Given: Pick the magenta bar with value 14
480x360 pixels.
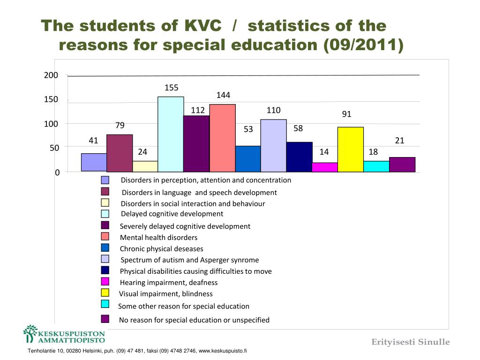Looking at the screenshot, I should (325, 167).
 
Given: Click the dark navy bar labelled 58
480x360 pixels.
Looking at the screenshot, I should (299, 157).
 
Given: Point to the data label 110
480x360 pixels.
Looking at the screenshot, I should (273, 111).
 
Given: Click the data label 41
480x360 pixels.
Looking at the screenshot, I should (94, 140).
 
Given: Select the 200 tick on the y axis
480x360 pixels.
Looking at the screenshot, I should (51, 75).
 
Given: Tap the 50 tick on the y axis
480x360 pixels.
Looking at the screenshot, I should (54, 148).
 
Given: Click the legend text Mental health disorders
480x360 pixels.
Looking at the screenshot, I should (158, 238).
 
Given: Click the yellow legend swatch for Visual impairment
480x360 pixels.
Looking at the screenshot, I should (105, 292).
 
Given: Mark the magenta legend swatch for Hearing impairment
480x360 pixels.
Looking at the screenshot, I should (105, 281).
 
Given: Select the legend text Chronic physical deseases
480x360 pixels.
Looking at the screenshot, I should (161, 249).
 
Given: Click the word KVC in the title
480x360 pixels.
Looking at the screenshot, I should (202, 26).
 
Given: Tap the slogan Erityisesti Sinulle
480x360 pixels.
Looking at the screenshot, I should (411, 342).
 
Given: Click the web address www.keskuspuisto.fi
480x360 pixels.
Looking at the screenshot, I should (223, 351).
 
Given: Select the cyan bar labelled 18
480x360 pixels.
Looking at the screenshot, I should (376, 166).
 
